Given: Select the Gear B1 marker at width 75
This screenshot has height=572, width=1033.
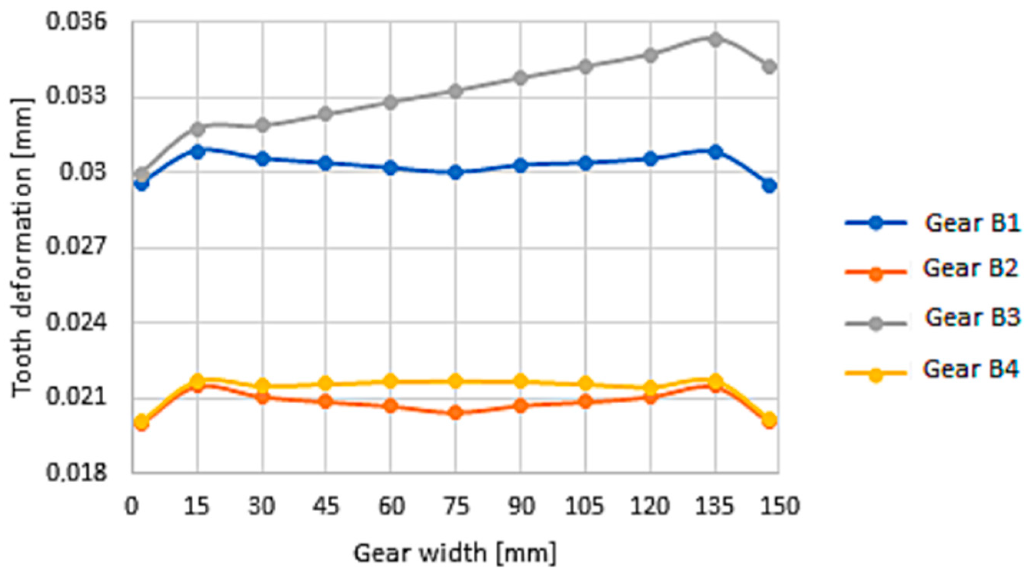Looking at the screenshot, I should click(456, 172).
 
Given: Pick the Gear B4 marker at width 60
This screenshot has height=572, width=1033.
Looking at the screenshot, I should click(391, 381).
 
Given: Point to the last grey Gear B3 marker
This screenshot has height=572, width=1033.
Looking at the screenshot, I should click(769, 66).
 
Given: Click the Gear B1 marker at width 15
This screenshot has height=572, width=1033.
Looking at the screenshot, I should click(198, 152).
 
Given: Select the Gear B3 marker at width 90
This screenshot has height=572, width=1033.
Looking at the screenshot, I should click(521, 78).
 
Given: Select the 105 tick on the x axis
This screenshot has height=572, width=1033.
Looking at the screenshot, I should click(585, 507).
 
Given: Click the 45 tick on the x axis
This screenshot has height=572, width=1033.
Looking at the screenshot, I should click(326, 507).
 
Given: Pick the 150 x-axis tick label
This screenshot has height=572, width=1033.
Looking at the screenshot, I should click(778, 507).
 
